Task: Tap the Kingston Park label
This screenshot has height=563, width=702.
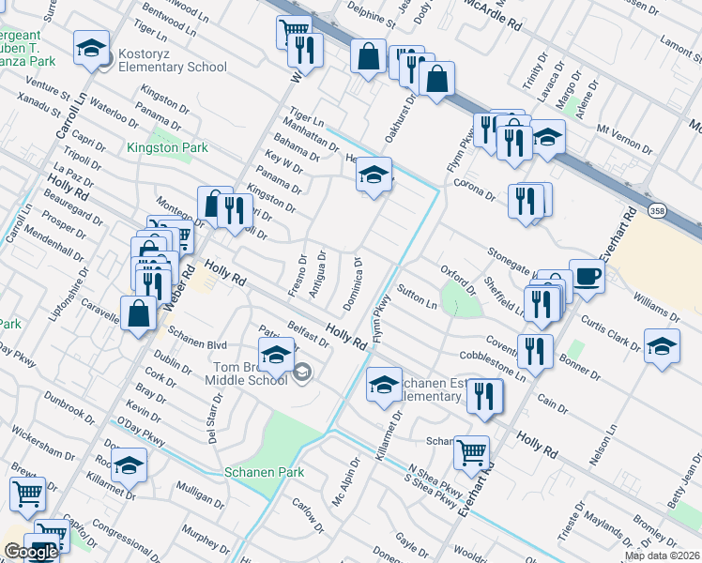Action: (x=167, y=147)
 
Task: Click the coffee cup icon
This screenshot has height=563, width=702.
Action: (x=587, y=276)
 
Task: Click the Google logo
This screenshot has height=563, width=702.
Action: (x=30, y=552)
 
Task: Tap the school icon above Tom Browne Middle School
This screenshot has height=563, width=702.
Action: (x=276, y=355)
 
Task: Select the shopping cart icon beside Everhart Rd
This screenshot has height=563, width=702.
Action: (x=471, y=453)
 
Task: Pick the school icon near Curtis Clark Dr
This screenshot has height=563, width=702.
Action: (x=662, y=345)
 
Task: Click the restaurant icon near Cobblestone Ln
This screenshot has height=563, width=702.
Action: (x=536, y=351)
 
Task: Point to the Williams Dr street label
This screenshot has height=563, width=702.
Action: (x=656, y=306)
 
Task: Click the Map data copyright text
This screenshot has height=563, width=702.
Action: (x=663, y=555)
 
